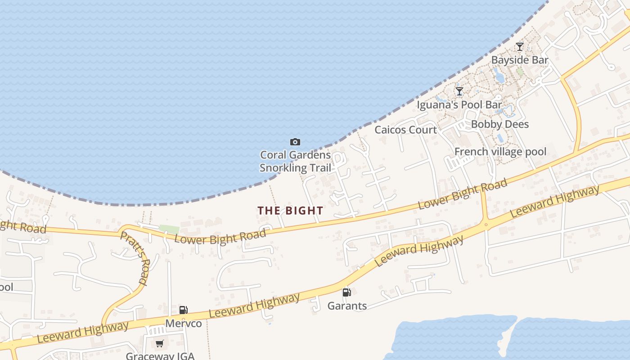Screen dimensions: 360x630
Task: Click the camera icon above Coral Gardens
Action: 295,142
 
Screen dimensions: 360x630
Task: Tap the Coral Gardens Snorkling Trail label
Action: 295,162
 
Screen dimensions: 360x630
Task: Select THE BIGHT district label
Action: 290,210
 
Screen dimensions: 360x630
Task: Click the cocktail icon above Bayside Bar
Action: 520,46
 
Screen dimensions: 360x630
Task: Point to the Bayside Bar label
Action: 520,60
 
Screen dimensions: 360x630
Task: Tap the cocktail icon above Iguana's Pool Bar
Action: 459,91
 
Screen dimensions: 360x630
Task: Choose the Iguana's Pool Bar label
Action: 459,105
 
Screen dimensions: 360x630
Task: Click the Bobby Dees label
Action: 500,124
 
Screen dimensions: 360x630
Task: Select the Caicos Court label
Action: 406,130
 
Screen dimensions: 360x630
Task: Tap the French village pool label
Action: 500,151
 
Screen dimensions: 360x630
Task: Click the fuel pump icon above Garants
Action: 346,292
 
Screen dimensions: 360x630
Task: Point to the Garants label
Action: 347,306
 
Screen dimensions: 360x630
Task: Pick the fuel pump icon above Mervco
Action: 183,310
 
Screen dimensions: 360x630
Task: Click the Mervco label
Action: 184,323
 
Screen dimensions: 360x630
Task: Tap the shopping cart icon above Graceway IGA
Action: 159,344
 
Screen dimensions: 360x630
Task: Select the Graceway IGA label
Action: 160,356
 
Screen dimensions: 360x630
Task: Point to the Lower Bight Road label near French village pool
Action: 463,193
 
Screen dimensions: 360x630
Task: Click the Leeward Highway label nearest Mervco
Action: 254,306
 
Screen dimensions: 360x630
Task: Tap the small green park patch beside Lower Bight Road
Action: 169,229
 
